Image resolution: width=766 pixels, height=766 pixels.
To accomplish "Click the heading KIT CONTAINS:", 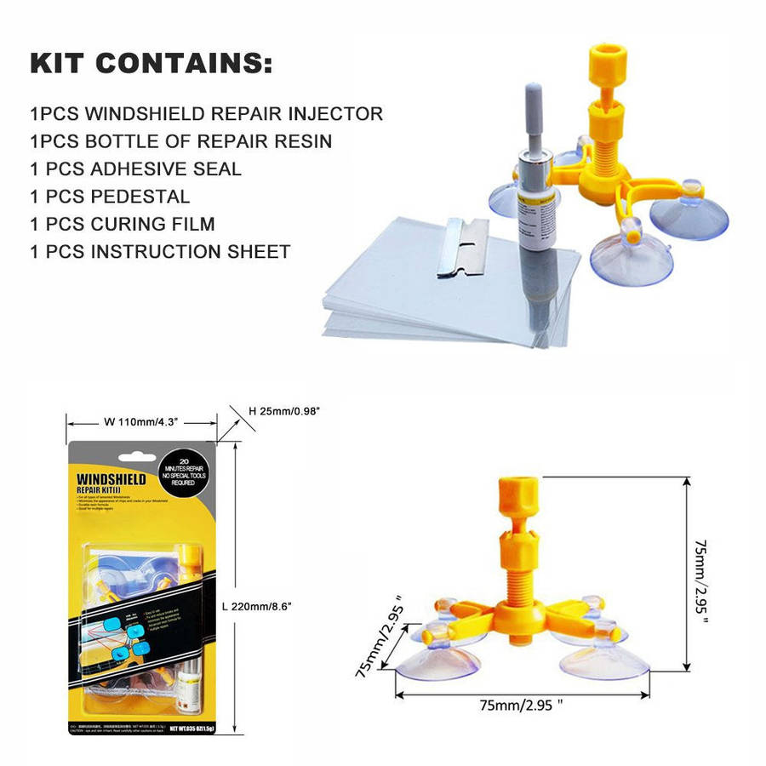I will pos(151,64).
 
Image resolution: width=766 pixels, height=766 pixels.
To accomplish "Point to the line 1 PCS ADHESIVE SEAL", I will pos(135,169).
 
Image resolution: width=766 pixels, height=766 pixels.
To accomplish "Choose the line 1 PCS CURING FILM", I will pos(122,225).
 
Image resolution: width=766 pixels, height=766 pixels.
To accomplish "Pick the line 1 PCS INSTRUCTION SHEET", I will pos(160,252).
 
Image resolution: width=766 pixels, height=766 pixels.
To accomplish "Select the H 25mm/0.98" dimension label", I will pos(284,411).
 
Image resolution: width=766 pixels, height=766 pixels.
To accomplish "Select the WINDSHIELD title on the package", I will pos(111,480).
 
